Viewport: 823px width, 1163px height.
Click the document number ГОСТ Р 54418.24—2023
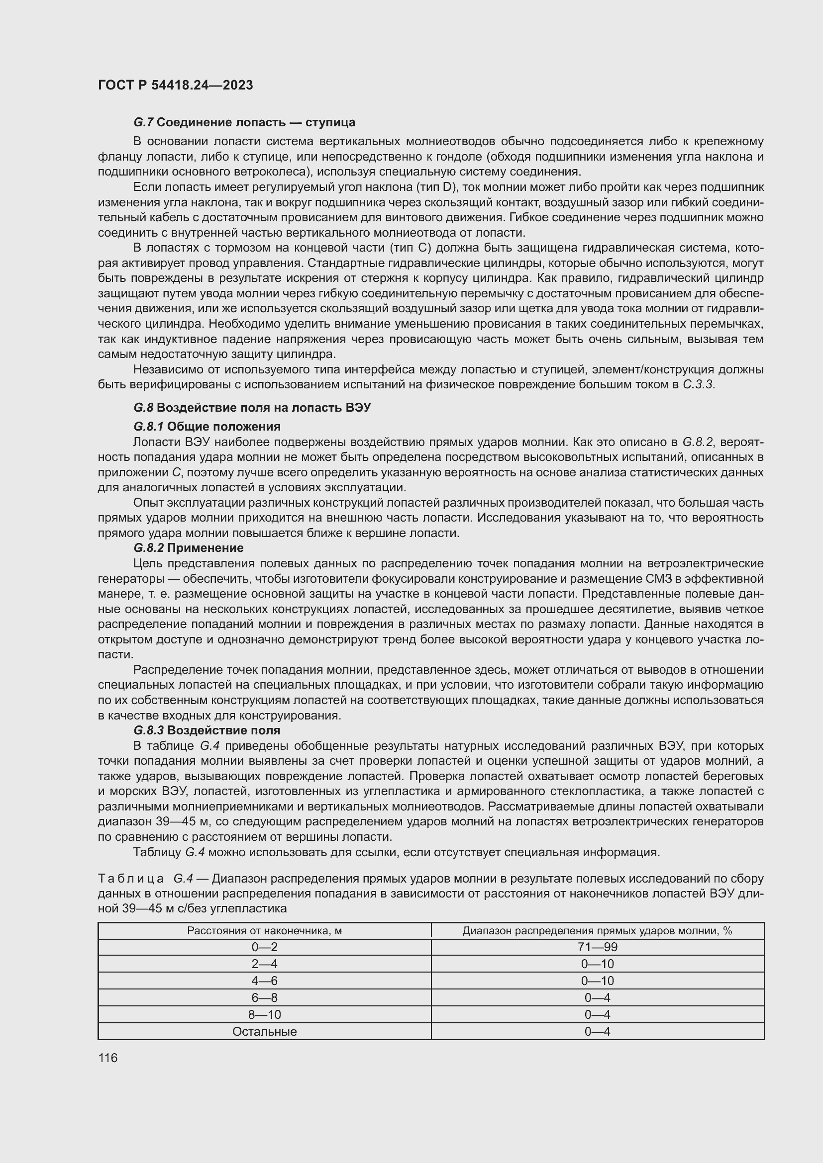coord(175,85)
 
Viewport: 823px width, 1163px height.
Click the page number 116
coord(108,1058)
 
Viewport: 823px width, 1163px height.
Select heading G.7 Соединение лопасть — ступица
coord(244,122)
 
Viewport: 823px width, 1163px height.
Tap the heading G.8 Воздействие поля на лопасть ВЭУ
coord(252,408)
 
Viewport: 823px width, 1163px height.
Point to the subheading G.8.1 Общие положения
coord(207,426)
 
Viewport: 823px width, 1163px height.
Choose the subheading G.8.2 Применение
coord(189,547)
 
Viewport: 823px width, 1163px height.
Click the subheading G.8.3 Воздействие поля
coord(207,730)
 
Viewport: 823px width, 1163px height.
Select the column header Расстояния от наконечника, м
coord(264,930)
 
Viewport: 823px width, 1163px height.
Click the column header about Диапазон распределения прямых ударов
coord(597,930)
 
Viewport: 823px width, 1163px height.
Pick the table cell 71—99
coord(597,947)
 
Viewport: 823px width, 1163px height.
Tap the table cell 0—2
coord(264,947)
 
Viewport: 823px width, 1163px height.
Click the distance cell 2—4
coord(264,964)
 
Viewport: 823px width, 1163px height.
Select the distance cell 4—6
coord(264,981)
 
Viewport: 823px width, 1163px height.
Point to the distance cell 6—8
coord(264,997)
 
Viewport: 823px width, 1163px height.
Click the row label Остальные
coord(264,1031)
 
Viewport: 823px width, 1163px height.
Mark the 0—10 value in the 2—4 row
coord(597,964)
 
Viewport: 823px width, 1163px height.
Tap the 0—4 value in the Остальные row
coord(597,1031)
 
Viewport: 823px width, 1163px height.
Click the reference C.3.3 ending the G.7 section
coord(698,384)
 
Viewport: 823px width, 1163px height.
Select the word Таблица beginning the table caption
coord(131,878)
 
